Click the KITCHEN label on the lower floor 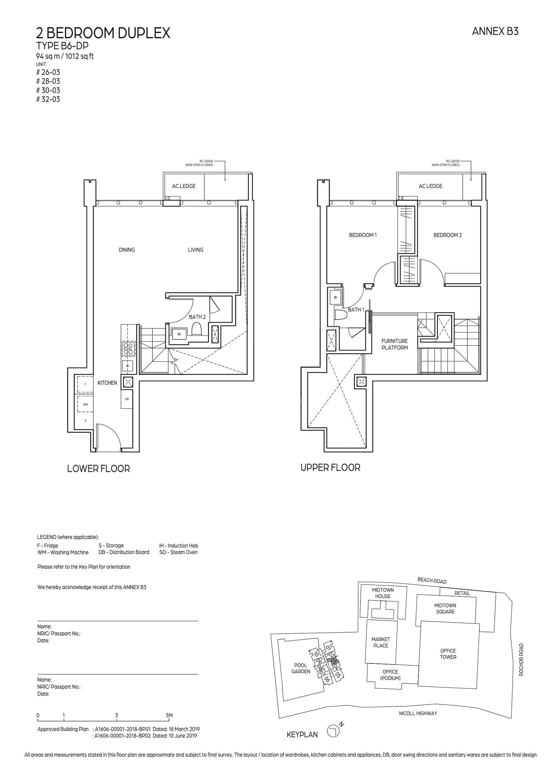pos(107,383)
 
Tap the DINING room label pos(127,250)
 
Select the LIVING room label pos(195,250)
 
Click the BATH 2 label pos(197,317)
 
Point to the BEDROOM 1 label pos(363,235)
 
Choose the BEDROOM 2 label pos(447,235)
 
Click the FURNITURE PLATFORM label pos(394,344)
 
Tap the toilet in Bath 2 pos(196,329)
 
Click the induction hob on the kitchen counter pos(128,348)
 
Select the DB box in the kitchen pos(127,399)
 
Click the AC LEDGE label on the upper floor pos(430,186)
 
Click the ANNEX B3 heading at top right pos(495,32)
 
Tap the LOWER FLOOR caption pos(98,469)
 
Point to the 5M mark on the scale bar pos(169,716)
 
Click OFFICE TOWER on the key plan pos(448,654)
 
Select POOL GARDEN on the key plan pos(300,668)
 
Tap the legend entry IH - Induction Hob pos(178,546)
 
